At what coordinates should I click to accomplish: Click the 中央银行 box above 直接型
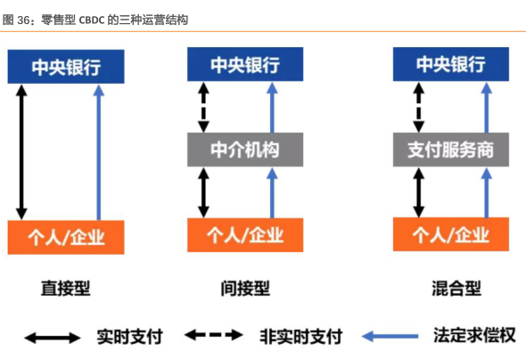(x=66, y=67)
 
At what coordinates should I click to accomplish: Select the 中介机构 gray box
(x=245, y=150)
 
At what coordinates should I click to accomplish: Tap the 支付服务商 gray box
(x=451, y=150)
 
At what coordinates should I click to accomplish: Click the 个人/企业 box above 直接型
(x=66, y=237)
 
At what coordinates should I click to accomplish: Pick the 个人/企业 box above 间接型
(x=245, y=235)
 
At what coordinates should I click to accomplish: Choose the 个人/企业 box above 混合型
(x=451, y=234)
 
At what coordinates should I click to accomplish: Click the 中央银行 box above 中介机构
(x=245, y=64)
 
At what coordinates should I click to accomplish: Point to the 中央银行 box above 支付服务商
(x=451, y=64)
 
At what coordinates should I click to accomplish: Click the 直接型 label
(x=66, y=289)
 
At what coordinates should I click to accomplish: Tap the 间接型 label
(x=245, y=289)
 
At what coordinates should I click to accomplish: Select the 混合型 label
(x=456, y=289)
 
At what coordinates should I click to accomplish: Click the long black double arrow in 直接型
(x=21, y=152)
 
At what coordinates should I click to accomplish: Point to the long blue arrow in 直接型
(x=99, y=152)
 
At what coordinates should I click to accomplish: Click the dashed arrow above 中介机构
(x=203, y=107)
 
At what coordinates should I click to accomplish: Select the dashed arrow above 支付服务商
(x=418, y=107)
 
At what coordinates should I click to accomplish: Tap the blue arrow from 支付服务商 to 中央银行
(x=487, y=107)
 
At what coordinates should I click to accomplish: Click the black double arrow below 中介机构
(x=203, y=192)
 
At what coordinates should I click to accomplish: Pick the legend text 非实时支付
(x=301, y=336)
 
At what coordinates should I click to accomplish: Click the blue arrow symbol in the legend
(x=390, y=336)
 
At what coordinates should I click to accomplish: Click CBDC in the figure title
(x=92, y=20)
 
